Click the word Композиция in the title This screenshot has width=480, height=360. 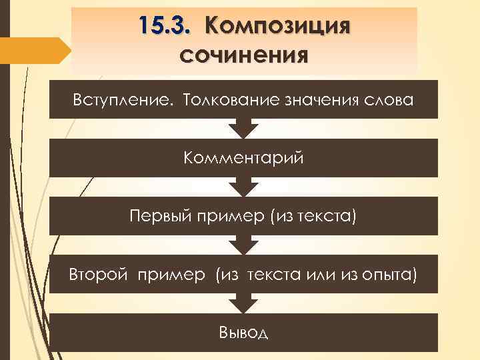(x=278, y=26)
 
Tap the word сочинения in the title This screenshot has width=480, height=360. (x=243, y=53)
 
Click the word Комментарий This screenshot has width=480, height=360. (x=243, y=158)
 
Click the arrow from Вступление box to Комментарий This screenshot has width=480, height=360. (x=243, y=128)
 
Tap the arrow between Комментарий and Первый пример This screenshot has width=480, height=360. (x=243, y=187)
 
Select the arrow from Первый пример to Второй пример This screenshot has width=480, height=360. (x=243, y=245)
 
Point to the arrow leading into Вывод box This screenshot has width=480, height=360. (x=243, y=303)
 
